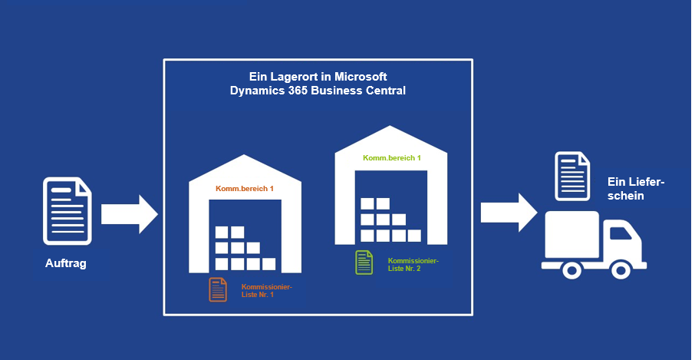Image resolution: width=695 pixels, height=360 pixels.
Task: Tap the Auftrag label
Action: tap(66, 264)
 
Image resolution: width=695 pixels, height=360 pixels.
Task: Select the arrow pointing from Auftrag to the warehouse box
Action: tap(129, 213)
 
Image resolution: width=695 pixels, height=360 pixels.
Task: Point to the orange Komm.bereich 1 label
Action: tap(245, 189)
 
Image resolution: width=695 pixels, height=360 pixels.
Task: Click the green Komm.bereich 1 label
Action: tap(392, 158)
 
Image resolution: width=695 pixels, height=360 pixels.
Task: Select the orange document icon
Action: tap(218, 289)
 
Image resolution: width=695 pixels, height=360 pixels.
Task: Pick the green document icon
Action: tap(364, 263)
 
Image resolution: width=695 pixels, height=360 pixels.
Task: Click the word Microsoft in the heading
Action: tap(359, 77)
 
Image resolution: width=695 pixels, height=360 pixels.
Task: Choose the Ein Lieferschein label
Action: tap(635, 189)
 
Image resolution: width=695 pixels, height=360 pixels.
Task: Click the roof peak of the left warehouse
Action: tap(245, 158)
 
